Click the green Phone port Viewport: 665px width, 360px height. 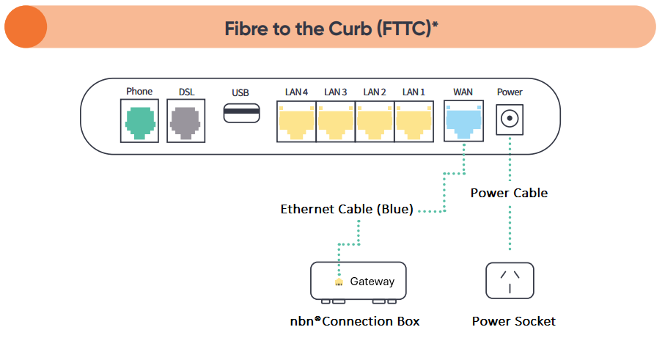139,122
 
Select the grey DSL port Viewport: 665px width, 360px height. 186,122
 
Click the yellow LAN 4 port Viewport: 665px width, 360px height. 296,122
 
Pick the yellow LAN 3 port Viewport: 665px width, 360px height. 336,122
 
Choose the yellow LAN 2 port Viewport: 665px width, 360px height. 375,122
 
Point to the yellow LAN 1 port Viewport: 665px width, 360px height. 414,122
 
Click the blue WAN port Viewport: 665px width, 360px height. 463,122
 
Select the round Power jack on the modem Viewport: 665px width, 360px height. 510,118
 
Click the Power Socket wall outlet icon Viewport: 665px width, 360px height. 510,280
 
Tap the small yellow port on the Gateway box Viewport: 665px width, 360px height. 338,282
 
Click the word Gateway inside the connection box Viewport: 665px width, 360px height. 372,282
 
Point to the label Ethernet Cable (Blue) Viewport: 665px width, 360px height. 346,210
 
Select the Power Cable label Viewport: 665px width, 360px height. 509,193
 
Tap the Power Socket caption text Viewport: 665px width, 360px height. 513,321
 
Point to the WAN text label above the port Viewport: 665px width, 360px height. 463,92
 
